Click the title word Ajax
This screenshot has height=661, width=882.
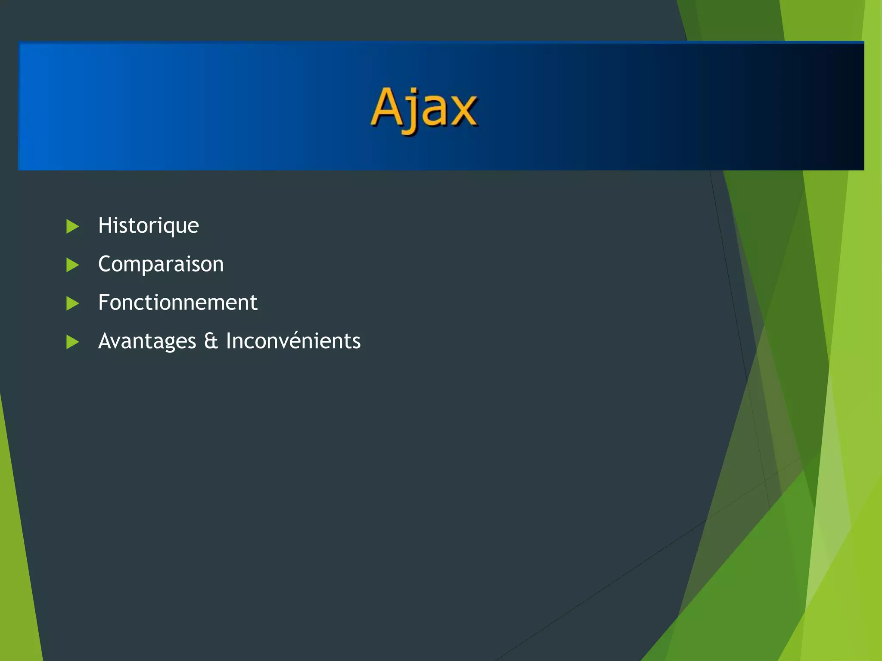(x=424, y=108)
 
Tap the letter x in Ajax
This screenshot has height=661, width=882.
(x=463, y=111)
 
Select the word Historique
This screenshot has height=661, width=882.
(x=148, y=225)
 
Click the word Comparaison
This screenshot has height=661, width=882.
(x=161, y=264)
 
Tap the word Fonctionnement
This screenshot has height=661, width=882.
(x=177, y=303)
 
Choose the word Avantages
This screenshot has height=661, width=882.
(x=147, y=341)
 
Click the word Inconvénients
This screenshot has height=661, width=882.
(x=293, y=341)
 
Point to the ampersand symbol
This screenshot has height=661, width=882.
(x=211, y=341)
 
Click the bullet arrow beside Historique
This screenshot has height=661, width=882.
(x=72, y=226)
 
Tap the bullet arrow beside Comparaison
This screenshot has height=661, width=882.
(x=72, y=265)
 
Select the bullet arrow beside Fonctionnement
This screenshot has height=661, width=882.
(x=72, y=303)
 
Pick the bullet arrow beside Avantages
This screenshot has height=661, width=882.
(x=72, y=342)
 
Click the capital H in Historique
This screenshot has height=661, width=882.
(x=105, y=225)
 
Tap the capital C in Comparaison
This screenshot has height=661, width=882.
(x=106, y=264)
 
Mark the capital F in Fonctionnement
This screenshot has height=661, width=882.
(x=104, y=302)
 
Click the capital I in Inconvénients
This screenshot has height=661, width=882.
(x=229, y=341)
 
